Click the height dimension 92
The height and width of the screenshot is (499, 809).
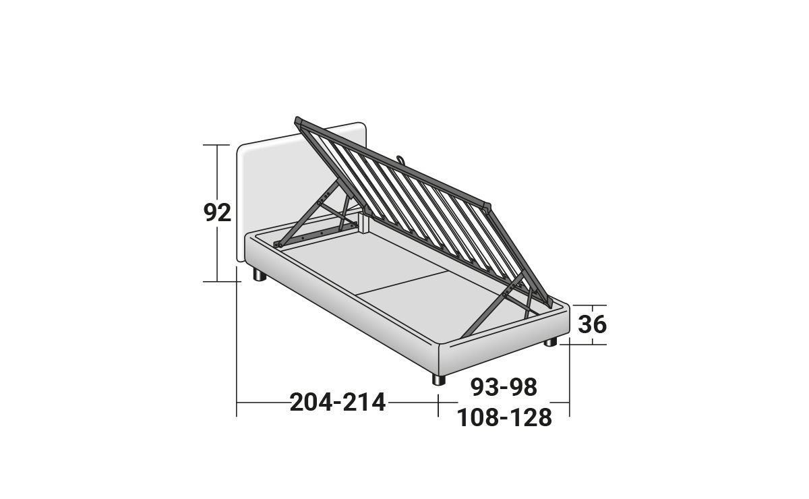[217, 213]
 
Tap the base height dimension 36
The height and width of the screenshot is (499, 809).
[592, 324]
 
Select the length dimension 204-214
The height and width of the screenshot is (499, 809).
[338, 403]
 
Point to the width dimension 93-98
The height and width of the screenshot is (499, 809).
[504, 387]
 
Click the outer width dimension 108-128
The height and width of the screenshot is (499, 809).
[504, 417]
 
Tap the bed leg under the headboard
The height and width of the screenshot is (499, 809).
[260, 275]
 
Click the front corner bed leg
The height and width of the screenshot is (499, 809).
[439, 380]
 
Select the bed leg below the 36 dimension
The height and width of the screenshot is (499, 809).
[551, 342]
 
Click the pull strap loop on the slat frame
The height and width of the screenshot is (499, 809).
[401, 159]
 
